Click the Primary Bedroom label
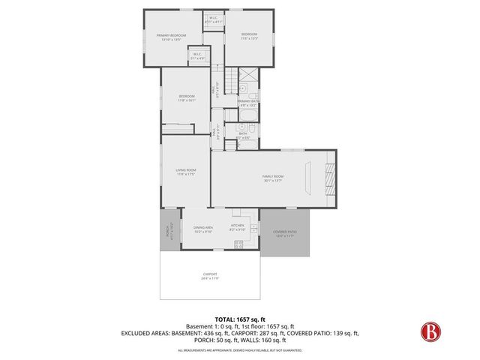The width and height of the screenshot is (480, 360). coord(171,37)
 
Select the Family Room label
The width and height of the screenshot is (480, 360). coord(272,178)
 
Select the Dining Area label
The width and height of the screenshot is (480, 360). coord(203,229)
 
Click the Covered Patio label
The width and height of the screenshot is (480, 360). coord(285,233)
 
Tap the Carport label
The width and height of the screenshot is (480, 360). coord(209,276)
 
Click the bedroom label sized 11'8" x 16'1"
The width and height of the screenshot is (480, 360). coord(187,97)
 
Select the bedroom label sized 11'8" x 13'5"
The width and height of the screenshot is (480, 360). coord(249,36)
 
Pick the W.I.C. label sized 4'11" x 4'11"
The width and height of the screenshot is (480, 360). coord(214,21)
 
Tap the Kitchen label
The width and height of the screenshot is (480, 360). coord(238,224)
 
